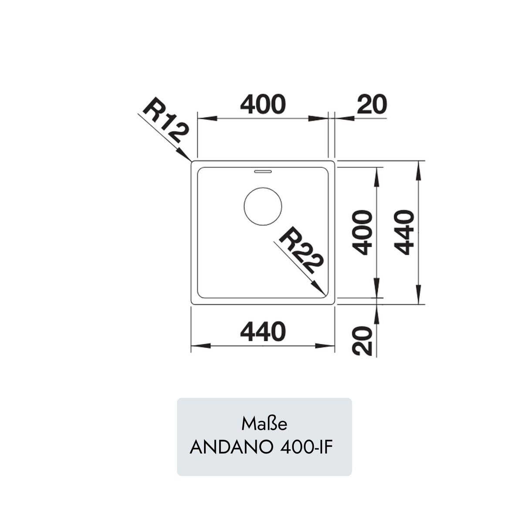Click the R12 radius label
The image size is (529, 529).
pos(166,120)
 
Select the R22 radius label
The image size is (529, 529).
pos(301,250)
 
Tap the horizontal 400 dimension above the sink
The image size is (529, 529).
pos(263,104)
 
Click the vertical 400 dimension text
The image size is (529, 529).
pos(363,233)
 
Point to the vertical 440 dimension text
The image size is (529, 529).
pos(404,232)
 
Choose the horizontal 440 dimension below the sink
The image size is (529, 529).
pos(263,332)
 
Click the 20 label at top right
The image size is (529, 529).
pos(372,104)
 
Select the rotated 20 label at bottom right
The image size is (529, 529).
pos(363,341)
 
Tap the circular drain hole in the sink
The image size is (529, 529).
pos(263,206)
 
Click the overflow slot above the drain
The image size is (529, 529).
pos(263,172)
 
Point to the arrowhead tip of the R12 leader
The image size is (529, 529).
pos(191,161)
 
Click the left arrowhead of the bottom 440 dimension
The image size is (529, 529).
pos(200,346)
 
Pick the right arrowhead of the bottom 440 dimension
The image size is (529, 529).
pos(325,346)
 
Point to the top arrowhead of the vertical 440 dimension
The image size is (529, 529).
pos(418,170)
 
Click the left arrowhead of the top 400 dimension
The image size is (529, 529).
pos(207,119)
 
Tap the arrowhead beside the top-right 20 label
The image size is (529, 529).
pos(344,119)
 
